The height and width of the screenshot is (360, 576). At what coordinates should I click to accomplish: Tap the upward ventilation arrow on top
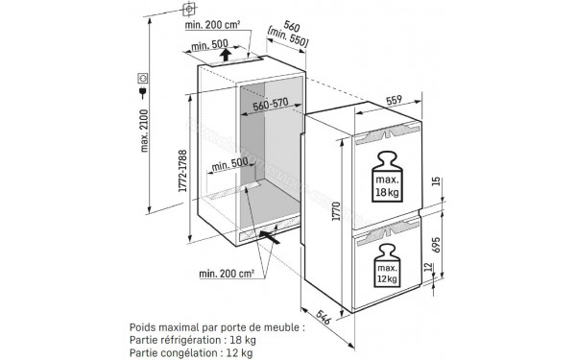[x=224, y=55]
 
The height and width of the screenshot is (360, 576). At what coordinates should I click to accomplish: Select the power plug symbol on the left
[x=143, y=92]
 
